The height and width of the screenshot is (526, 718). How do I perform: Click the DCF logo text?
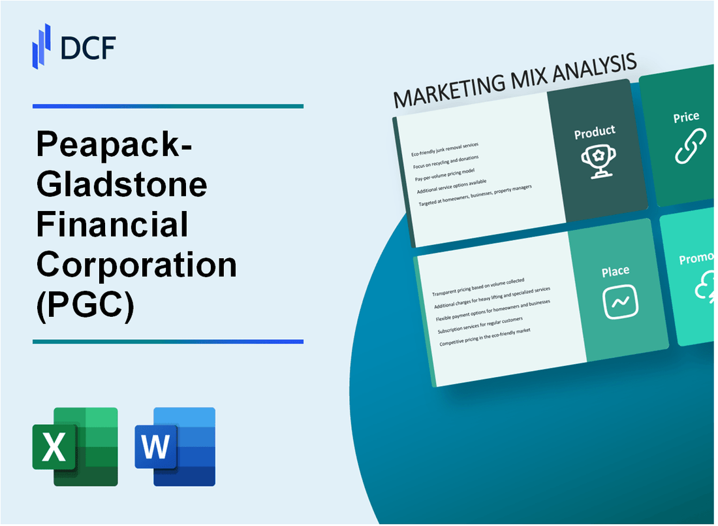(x=88, y=48)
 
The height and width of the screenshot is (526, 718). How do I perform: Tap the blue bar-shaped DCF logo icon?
(x=42, y=47)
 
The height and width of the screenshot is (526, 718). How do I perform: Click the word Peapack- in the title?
(x=115, y=147)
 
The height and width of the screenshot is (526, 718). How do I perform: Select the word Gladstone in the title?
(x=122, y=185)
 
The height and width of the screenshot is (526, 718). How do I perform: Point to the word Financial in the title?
(x=112, y=225)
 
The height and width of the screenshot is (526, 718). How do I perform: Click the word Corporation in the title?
(x=136, y=265)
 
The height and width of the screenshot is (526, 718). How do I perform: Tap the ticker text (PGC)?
(x=86, y=305)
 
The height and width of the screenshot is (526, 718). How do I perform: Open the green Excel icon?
(x=75, y=446)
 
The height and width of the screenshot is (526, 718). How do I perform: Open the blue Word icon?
(x=175, y=446)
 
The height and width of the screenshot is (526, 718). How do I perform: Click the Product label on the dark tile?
(x=594, y=133)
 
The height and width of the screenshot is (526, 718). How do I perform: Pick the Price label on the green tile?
(x=686, y=118)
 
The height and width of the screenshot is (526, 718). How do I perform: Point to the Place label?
(x=616, y=271)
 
